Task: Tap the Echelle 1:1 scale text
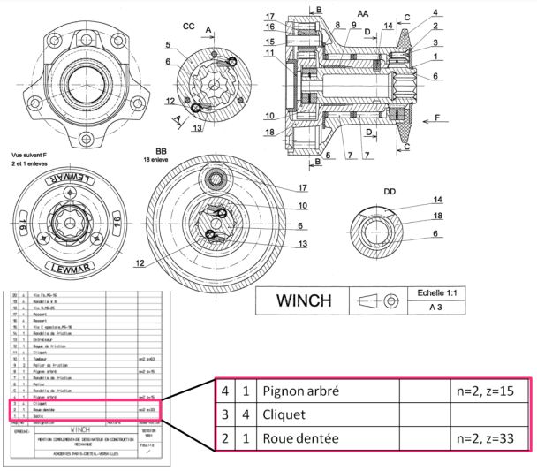click(445, 292)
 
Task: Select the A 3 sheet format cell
click(445, 308)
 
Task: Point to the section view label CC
click(188, 27)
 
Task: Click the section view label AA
click(363, 14)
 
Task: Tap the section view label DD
click(390, 192)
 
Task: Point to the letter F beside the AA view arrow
click(435, 117)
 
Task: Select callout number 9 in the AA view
click(352, 27)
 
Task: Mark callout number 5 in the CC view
click(166, 44)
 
